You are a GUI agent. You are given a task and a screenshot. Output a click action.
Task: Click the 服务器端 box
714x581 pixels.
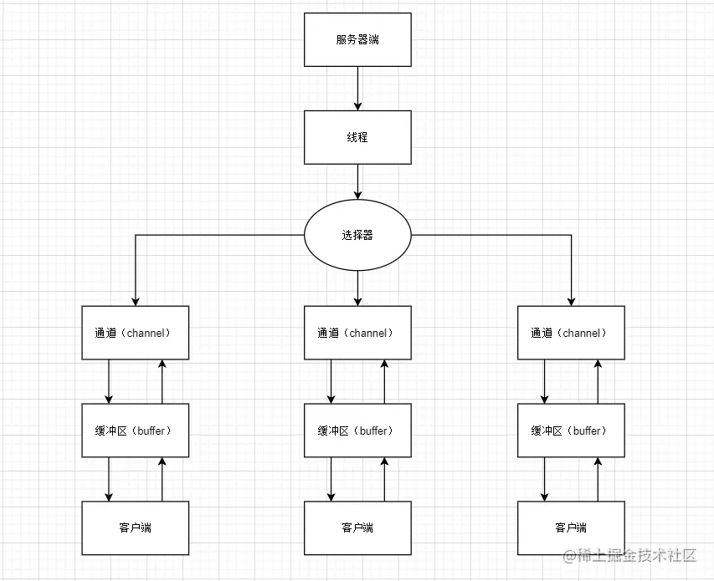[x=357, y=39]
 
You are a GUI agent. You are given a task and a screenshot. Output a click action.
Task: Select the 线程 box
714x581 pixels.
[x=357, y=137]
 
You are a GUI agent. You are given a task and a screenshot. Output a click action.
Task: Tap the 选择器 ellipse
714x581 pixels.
[x=357, y=235]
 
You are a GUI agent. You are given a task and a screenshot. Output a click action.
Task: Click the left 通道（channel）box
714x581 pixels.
[x=136, y=333]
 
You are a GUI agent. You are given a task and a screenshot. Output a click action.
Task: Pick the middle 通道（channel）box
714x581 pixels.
[x=357, y=333]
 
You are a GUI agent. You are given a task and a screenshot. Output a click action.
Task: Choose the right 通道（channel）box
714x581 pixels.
[x=572, y=333]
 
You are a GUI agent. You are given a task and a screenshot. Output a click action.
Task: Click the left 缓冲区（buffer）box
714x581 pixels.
[x=136, y=431]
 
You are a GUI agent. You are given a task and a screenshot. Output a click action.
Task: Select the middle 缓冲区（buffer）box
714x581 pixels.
[x=357, y=431]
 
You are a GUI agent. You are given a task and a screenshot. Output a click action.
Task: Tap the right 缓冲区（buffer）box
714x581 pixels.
[x=572, y=431]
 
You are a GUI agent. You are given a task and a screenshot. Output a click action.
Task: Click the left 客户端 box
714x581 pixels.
[x=136, y=527]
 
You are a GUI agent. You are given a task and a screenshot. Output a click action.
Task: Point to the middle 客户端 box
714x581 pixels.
[x=357, y=527]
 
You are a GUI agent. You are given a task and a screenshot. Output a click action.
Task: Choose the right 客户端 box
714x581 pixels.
[x=572, y=527]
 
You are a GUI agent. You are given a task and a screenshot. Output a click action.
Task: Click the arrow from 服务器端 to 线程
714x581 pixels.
[x=357, y=89]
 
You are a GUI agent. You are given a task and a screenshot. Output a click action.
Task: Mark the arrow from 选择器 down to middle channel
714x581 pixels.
[x=357, y=288]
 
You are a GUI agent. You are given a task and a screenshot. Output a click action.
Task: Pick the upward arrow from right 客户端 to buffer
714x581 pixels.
[x=598, y=479]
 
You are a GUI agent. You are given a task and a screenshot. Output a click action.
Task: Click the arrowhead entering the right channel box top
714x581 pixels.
[x=572, y=301]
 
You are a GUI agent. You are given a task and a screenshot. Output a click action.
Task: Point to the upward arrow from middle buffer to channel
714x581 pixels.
[x=384, y=381]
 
